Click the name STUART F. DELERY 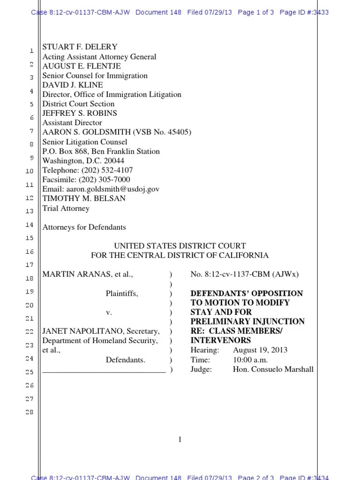click(80, 47)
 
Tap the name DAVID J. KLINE click(73, 85)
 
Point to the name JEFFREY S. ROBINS click(80, 113)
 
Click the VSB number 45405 click(178, 132)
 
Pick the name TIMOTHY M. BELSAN click(84, 198)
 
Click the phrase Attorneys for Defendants click(84, 227)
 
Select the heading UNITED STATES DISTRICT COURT click(180, 246)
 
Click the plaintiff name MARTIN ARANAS click(78, 274)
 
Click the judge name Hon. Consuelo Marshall click(273, 369)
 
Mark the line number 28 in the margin click(30, 412)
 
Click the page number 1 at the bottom click(180, 440)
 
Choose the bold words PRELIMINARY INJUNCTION click(247, 322)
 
